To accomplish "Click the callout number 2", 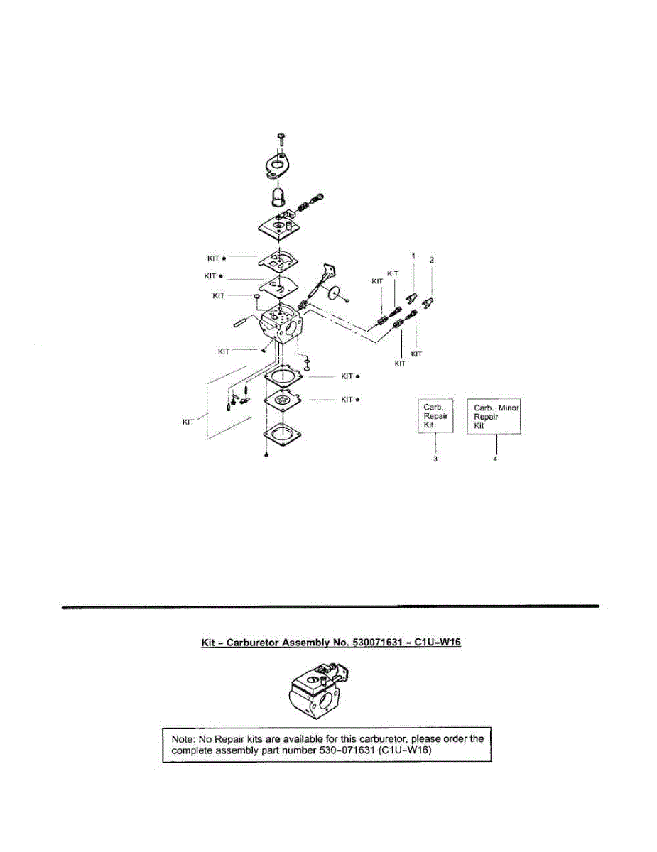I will [432, 261].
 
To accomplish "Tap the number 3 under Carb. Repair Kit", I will [435, 459].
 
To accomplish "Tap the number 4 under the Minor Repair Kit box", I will [495, 459].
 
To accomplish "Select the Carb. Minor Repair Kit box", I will [494, 416].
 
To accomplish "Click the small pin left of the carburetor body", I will [241, 321].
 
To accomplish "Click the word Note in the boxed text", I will [183, 738].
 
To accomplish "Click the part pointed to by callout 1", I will [411, 294].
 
